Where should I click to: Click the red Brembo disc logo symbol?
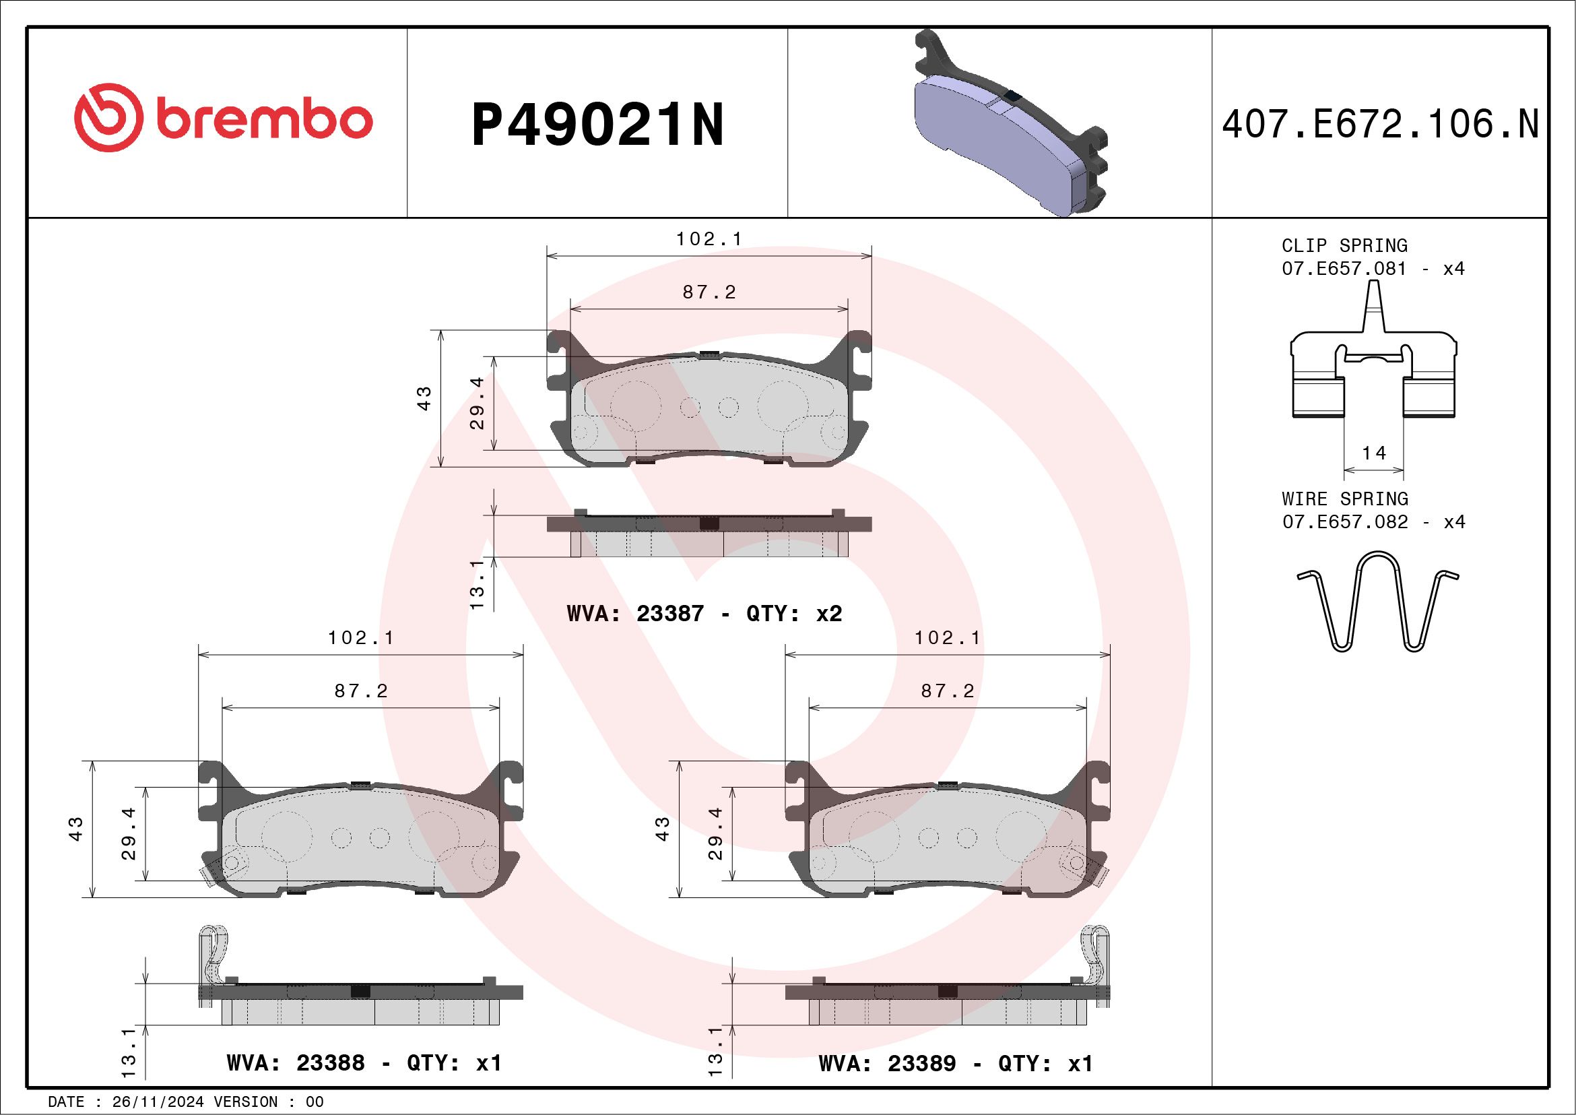[108, 118]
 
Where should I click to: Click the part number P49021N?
[597, 125]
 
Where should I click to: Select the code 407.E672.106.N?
[1380, 125]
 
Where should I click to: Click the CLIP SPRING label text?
[1344, 246]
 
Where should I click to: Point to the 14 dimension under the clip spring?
[1373, 453]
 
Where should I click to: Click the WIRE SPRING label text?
[1345, 499]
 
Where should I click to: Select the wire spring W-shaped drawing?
[1377, 602]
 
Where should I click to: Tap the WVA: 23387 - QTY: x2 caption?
[704, 613]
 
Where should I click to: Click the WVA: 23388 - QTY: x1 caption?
[364, 1063]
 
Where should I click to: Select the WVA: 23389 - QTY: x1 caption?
[956, 1064]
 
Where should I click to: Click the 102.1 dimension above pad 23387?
[709, 239]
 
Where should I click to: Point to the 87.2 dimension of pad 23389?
[947, 691]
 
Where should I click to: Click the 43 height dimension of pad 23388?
[76, 829]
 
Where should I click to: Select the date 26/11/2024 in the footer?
[158, 1102]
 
